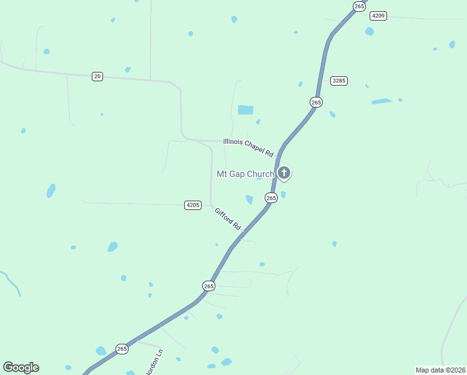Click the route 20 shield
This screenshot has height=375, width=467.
click(x=97, y=76)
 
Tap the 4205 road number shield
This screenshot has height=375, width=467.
click(x=193, y=205)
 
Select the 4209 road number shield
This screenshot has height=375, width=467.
click(x=378, y=16)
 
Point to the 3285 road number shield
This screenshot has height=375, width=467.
click(x=339, y=81)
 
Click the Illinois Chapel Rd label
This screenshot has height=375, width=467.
click(x=248, y=147)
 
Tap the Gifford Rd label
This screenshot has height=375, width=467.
click(x=228, y=219)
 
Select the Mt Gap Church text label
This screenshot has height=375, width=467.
click(x=245, y=174)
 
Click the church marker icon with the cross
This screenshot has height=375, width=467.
click(x=284, y=172)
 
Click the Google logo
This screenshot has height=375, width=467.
click(x=21, y=367)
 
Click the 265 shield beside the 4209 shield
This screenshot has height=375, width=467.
click(x=358, y=6)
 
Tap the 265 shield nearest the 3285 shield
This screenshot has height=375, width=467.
click(x=316, y=102)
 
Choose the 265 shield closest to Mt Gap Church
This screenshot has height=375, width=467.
click(x=271, y=197)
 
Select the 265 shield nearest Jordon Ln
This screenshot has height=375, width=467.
click(x=122, y=349)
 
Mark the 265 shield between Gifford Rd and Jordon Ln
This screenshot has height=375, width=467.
click(x=209, y=286)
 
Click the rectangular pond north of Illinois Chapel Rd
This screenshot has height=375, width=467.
click(x=245, y=110)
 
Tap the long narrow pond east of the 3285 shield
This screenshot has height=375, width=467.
click(x=381, y=101)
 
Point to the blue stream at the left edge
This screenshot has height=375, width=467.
click(x=11, y=282)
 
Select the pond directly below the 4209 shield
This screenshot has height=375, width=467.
click(x=370, y=31)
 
